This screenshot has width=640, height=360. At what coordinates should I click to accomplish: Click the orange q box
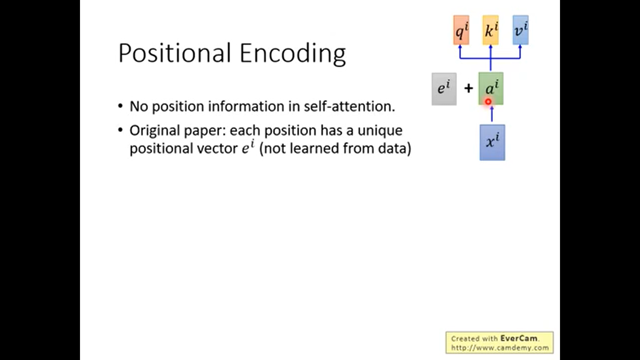tap(461, 30)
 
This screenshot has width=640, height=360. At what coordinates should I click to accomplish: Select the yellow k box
tap(491, 30)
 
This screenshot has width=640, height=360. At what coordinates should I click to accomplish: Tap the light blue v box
tap(521, 30)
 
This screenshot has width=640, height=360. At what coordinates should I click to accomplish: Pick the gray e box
tap(444, 89)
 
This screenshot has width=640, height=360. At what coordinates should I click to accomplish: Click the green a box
tap(491, 88)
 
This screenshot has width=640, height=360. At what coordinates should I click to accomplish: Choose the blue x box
tap(492, 143)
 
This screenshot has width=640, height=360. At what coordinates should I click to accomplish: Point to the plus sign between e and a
tap(468, 88)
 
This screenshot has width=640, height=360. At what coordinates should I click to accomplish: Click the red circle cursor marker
tap(488, 102)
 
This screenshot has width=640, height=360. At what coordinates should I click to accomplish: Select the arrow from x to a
tap(492, 114)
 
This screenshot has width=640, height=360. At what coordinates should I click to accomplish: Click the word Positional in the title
tap(175, 53)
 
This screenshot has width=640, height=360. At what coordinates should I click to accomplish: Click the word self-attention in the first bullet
tap(349, 106)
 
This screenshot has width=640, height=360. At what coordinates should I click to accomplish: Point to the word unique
tap(380, 130)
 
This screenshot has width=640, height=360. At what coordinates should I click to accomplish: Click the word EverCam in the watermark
tap(519, 338)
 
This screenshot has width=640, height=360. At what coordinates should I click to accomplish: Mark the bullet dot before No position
tap(120, 106)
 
